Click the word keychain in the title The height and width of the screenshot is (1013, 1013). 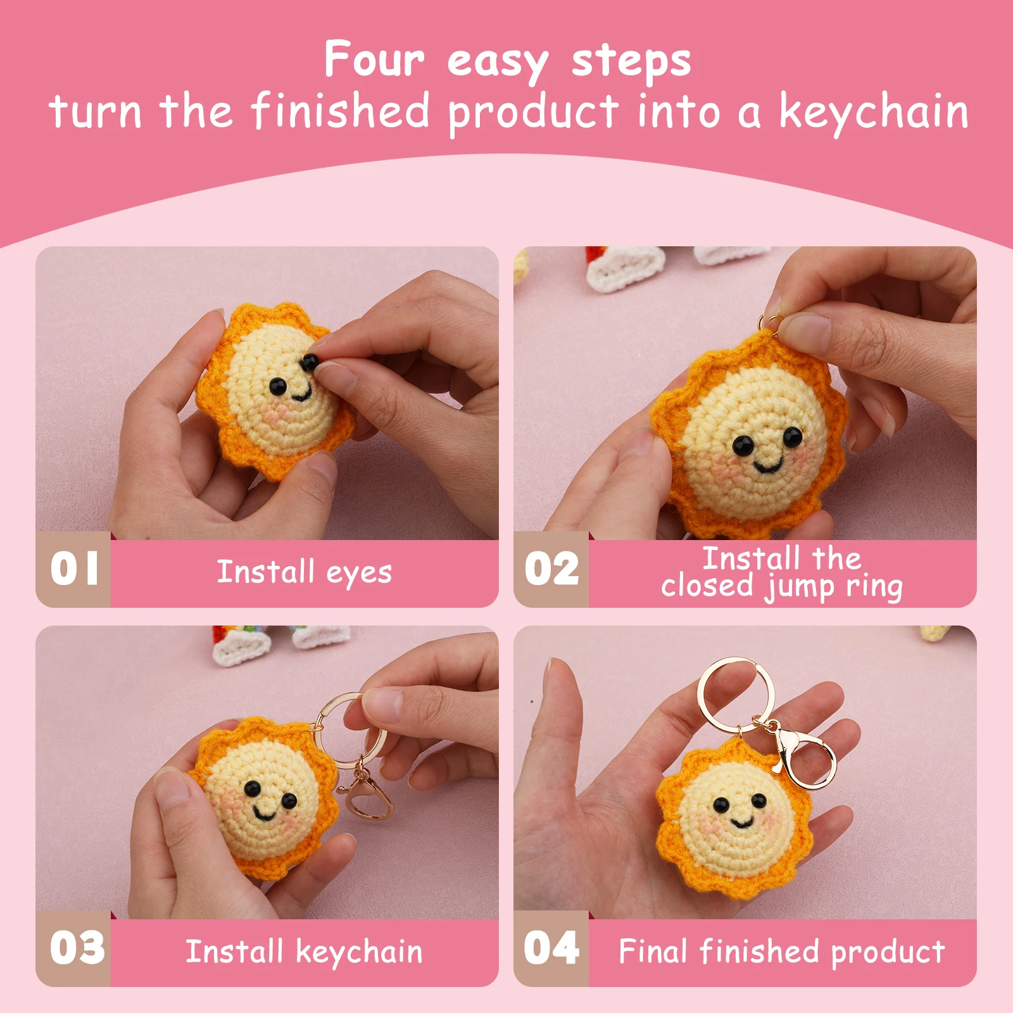pos(874,112)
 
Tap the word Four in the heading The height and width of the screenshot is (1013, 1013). pos(374,60)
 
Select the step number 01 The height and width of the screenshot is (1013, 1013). pos(74,568)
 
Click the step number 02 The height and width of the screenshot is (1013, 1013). pos(551,568)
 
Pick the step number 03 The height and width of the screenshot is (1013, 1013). pos(77,948)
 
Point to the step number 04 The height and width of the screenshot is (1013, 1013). pos(551,948)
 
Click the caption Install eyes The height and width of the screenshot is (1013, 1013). pos(304,572)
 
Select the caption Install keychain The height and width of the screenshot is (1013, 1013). pos(304,952)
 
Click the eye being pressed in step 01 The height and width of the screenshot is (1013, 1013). pos(310,362)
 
